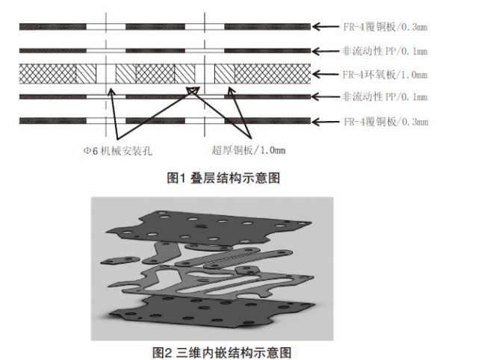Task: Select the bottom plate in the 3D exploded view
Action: (x=194, y=310)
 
